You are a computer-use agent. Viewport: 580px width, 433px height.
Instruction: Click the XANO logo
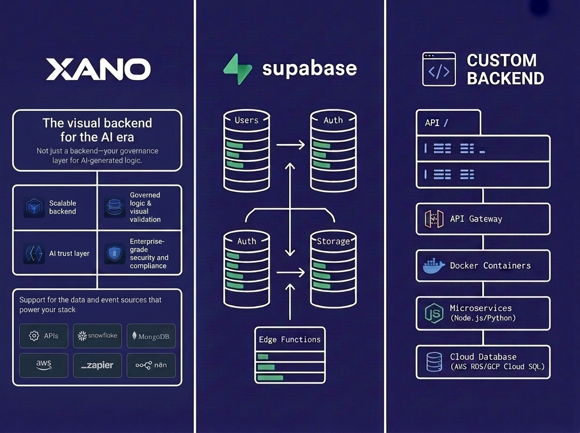[98, 69]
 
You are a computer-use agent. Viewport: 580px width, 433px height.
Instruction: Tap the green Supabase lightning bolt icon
[237, 70]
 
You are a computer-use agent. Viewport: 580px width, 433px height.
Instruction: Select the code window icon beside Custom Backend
[438, 69]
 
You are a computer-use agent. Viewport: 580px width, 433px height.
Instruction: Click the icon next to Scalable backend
[34, 207]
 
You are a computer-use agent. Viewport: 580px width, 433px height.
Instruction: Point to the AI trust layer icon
[34, 254]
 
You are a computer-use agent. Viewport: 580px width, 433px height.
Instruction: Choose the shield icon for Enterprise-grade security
[115, 254]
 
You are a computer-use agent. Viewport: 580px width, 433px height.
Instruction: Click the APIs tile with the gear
[43, 335]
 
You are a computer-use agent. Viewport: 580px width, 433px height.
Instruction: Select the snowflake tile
[97, 335]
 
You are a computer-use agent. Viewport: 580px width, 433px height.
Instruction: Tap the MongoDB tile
[151, 336]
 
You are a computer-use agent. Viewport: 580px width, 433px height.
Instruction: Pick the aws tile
[43, 365]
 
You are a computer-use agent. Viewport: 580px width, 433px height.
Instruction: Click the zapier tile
[97, 365]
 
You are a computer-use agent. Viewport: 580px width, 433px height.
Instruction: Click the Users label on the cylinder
[246, 120]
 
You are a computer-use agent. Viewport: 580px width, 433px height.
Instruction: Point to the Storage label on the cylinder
[333, 241]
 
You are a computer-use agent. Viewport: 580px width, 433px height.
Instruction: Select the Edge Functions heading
[290, 339]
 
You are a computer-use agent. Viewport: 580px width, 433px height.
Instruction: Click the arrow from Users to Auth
[290, 144]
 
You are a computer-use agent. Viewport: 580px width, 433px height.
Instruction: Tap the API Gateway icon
[434, 219]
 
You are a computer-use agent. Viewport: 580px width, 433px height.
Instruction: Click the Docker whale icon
[434, 266]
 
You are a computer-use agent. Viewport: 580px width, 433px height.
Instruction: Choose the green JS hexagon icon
[434, 313]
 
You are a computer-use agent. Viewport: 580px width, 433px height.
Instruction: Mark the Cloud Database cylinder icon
[434, 361]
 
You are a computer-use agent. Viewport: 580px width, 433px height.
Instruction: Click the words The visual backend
[97, 123]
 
